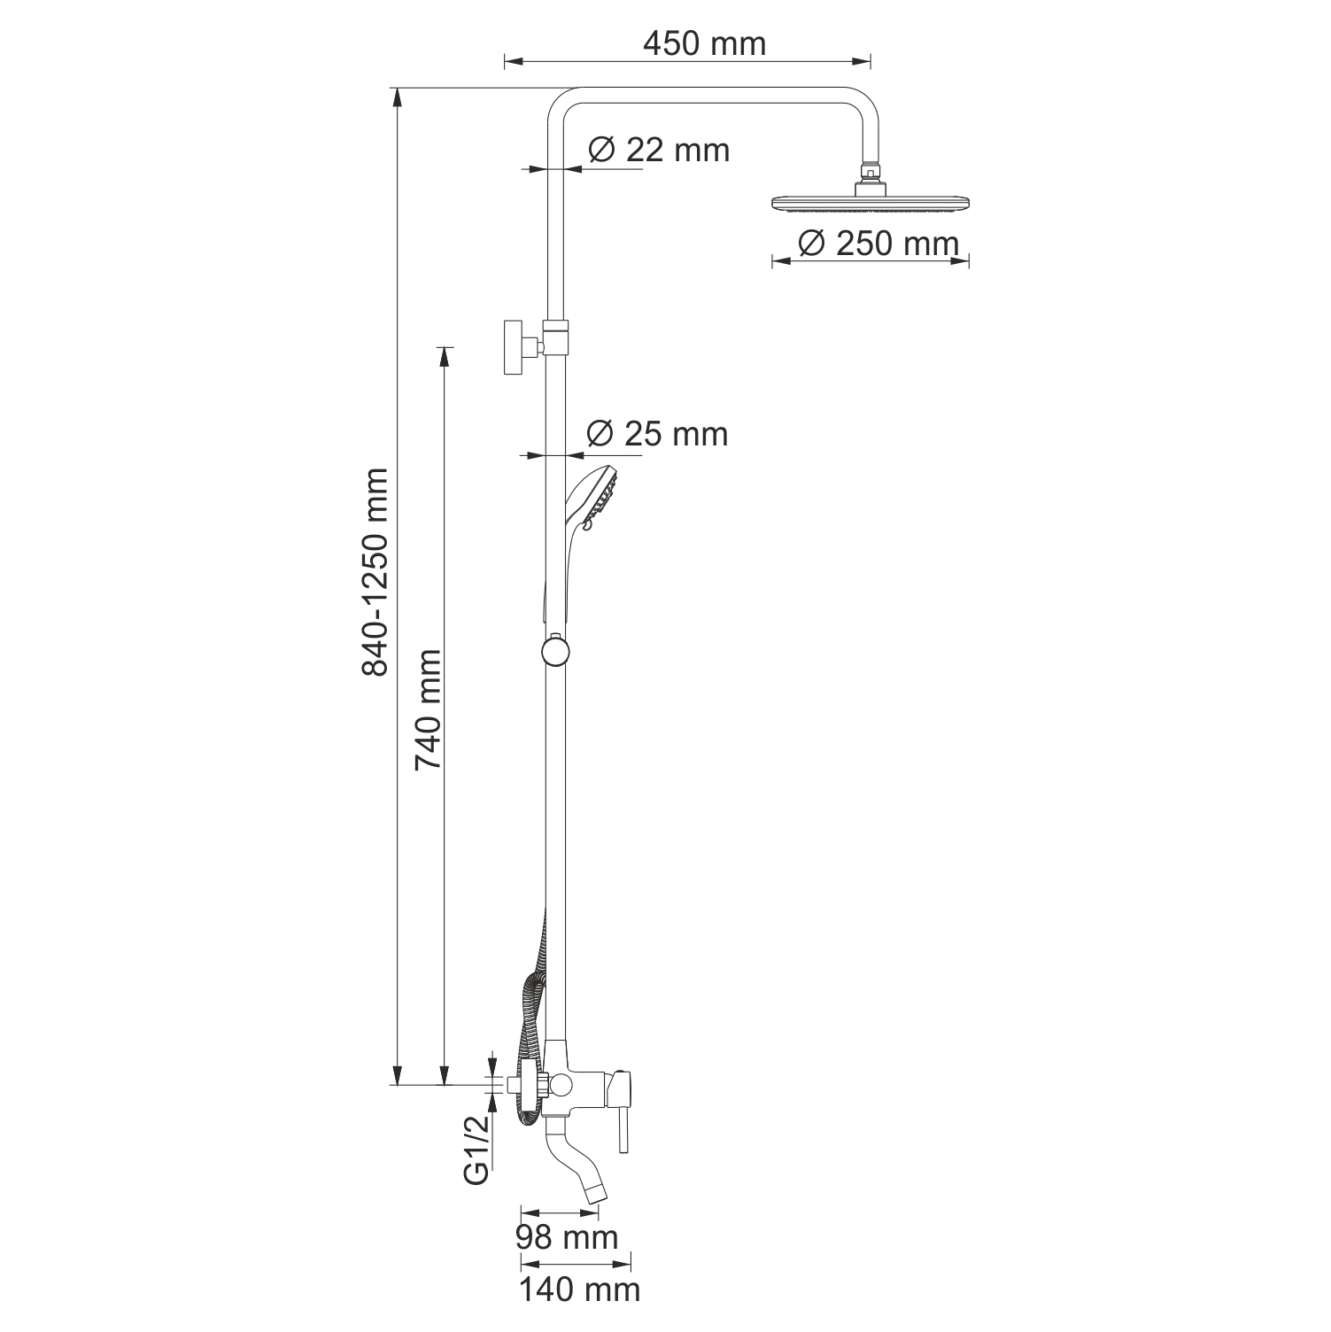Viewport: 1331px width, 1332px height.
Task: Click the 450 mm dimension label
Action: point(704,43)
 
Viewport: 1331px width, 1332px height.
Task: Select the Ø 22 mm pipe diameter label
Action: point(659,150)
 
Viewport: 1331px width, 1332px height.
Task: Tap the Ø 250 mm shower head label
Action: point(878,243)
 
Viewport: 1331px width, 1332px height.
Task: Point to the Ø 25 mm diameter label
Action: point(657,433)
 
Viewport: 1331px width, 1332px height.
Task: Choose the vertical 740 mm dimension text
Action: point(429,709)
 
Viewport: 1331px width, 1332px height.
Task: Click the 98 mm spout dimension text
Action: point(567,1236)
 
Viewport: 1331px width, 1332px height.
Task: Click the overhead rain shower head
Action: point(871,204)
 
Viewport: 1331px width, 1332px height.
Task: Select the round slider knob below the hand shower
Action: point(554,652)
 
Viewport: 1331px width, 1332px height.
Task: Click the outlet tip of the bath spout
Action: point(598,1194)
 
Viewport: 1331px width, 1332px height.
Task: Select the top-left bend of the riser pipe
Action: point(563,102)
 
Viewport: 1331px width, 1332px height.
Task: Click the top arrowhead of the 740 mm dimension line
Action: point(444,354)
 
